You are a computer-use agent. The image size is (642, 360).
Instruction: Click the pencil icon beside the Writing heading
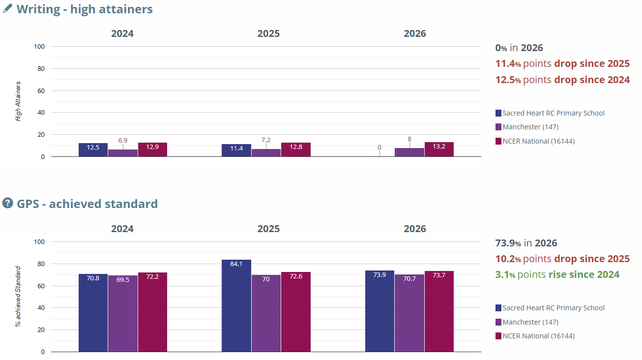(8, 8)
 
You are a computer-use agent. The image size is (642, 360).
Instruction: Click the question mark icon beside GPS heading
(8, 203)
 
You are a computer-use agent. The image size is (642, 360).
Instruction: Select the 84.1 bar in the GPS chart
(236, 305)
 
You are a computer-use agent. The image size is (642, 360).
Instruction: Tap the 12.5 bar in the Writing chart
(93, 150)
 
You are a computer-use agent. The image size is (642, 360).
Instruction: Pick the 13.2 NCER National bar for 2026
(439, 149)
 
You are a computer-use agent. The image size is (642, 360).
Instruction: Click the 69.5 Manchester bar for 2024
(123, 314)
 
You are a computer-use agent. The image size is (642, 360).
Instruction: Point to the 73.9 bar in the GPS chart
(380, 311)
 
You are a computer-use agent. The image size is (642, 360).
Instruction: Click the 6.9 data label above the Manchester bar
(123, 140)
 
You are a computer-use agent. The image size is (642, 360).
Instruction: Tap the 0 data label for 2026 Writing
(379, 148)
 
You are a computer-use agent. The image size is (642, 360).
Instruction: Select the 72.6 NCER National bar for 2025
(296, 312)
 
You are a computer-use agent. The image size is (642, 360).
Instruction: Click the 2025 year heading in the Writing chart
(268, 33)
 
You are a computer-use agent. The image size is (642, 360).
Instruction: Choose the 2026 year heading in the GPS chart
(415, 229)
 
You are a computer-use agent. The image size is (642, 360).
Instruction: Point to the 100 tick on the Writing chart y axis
(39, 46)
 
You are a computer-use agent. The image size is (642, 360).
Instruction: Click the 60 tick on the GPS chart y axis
(41, 286)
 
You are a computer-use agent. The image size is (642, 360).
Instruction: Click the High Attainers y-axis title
(18, 101)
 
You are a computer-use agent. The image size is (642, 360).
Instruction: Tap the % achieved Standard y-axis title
(18, 297)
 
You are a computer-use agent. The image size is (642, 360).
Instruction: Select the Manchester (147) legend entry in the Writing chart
(527, 127)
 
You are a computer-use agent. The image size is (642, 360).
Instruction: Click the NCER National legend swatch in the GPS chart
(498, 336)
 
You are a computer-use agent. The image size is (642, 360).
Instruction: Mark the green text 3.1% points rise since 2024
(557, 274)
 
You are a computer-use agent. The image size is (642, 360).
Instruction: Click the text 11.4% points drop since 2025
(562, 63)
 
